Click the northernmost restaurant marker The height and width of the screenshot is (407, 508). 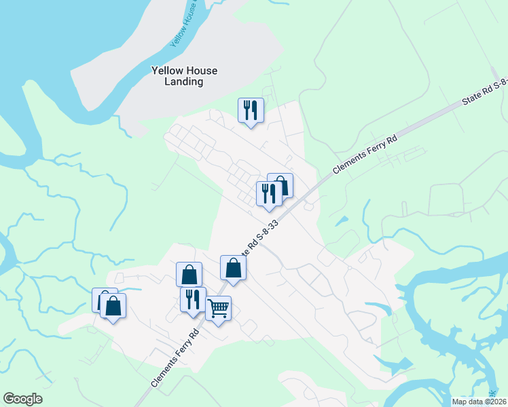tap(251, 110)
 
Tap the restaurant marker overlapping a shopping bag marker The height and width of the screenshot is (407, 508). tap(269, 194)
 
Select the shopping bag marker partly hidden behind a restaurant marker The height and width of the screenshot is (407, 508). tap(284, 183)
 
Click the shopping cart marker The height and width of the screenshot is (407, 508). tap(218, 309)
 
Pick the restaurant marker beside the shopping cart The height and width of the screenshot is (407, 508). tap(193, 299)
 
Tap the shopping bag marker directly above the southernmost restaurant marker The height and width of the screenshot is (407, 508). tap(189, 275)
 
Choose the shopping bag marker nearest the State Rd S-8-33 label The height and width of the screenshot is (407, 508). tap(233, 267)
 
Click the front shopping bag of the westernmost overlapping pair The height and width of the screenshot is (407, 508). tap(113, 305)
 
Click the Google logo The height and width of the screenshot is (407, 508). tap(22, 399)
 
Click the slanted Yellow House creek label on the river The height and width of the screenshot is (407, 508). tap(182, 27)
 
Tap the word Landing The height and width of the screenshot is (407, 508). tap(184, 82)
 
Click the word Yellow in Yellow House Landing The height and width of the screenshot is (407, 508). tap(165, 71)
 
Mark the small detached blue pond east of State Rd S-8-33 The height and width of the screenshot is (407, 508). tap(342, 221)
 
